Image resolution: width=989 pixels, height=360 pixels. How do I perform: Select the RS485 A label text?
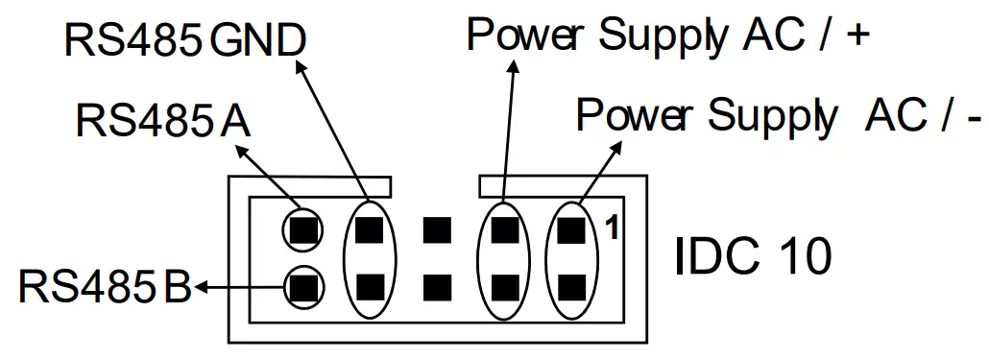click(x=162, y=122)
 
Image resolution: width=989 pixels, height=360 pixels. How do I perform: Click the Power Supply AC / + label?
click(x=667, y=36)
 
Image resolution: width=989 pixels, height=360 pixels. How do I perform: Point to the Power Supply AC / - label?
click(x=778, y=116)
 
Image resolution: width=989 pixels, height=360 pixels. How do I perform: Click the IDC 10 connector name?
click(x=753, y=255)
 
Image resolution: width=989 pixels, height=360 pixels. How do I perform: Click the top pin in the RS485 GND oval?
click(x=370, y=229)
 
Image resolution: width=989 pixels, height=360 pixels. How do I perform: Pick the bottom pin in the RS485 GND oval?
click(x=370, y=285)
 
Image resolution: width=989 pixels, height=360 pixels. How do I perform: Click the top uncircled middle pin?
click(x=437, y=229)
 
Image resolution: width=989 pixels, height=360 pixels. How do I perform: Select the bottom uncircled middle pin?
click(x=437, y=285)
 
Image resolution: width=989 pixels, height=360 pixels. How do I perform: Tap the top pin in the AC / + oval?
click(x=504, y=229)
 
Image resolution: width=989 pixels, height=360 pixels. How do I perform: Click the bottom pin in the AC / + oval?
click(x=504, y=285)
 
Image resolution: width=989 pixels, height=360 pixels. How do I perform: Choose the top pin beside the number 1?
click(x=571, y=229)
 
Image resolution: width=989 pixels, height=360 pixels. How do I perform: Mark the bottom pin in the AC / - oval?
click(x=571, y=285)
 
